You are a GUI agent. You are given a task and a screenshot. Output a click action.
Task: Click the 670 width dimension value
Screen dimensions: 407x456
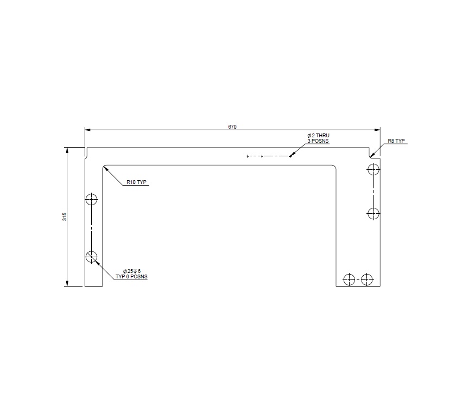click(x=232, y=126)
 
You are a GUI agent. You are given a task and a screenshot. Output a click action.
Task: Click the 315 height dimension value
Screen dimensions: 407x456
click(x=64, y=217)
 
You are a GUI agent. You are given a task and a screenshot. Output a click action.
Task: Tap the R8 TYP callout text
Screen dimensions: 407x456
click(x=396, y=141)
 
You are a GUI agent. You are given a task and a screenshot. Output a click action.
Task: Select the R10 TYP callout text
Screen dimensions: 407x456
click(x=137, y=182)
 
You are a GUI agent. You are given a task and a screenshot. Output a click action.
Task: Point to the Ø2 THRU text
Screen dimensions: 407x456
click(x=318, y=135)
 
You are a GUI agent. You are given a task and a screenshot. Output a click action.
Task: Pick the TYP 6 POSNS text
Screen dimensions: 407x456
click(x=131, y=276)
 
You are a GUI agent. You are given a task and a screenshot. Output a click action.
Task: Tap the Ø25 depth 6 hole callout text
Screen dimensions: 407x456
click(x=132, y=271)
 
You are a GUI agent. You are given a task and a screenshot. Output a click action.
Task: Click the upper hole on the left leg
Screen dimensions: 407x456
click(x=92, y=199)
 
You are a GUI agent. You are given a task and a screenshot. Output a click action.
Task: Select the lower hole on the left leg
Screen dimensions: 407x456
click(x=92, y=256)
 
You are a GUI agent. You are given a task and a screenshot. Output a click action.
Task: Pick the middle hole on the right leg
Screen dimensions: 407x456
click(x=373, y=213)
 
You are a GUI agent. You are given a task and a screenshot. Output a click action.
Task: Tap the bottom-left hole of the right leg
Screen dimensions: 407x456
click(x=349, y=279)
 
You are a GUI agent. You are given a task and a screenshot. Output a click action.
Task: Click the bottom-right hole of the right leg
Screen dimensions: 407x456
click(x=368, y=279)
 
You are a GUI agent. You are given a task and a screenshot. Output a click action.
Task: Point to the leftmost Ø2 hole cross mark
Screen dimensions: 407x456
click(x=248, y=156)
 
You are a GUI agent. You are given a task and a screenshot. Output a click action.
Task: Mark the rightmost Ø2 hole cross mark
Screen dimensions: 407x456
click(x=290, y=156)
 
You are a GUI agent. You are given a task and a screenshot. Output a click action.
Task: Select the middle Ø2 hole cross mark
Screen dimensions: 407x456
click(x=262, y=156)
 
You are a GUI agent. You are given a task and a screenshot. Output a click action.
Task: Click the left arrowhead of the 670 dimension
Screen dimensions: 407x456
click(x=87, y=130)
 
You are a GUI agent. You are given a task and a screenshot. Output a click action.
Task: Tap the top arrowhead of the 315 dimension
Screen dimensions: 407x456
click(x=67, y=150)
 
